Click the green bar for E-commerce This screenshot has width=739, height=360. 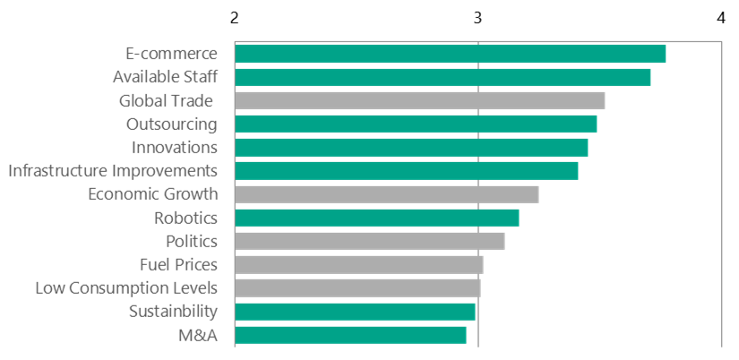coord(450,54)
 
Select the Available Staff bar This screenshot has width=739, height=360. coord(443,77)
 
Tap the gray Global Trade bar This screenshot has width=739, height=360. coord(419,100)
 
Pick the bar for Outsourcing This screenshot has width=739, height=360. coord(416,124)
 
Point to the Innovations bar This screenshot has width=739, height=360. coord(411,147)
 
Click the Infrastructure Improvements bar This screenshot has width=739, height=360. coord(406,170)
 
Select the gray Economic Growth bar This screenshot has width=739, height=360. coord(386,194)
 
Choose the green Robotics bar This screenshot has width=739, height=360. coord(376,218)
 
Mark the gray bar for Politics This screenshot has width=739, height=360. coord(369,241)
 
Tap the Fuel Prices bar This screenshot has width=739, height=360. coord(358,264)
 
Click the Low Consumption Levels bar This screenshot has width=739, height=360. coord(357,287)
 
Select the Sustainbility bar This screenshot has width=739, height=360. coord(355,311)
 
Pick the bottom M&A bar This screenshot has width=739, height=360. coord(350,334)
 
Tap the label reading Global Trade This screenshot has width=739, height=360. coord(165,100)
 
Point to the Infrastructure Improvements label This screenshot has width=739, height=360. coord(113,170)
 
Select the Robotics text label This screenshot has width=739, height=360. coord(185,218)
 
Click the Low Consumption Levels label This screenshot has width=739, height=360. coord(126,287)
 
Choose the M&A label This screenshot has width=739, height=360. coord(198,335)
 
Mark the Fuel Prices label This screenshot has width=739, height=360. coord(178,264)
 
